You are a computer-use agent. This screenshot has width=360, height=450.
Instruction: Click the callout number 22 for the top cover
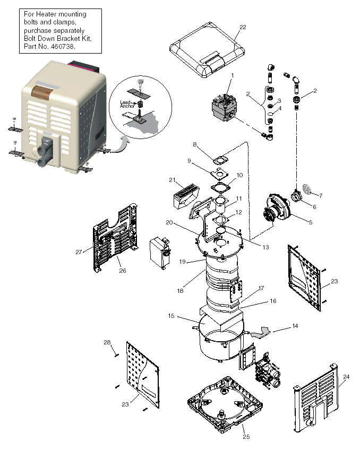[243, 27]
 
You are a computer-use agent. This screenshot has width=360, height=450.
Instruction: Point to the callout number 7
[320, 196]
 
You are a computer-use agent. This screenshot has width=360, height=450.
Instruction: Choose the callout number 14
[295, 327]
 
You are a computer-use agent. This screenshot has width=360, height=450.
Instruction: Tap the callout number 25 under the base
[245, 437]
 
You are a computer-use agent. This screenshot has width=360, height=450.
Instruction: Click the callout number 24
[346, 377]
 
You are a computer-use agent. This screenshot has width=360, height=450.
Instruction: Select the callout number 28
[107, 342]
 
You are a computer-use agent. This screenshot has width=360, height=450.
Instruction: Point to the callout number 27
[79, 252]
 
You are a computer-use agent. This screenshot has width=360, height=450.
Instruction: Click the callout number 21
[172, 180]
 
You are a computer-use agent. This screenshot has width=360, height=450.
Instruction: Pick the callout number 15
[171, 316]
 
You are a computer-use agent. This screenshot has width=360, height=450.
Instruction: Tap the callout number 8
[195, 144]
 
